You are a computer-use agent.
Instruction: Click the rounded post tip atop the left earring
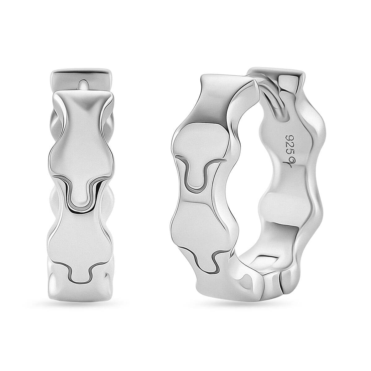coord(83,85)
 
